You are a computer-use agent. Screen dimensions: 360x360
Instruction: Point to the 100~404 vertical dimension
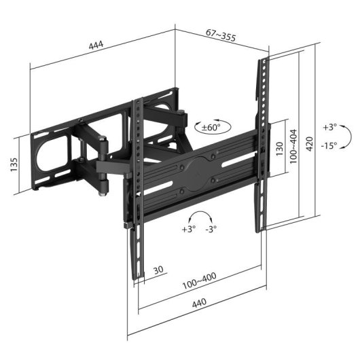click(293, 145)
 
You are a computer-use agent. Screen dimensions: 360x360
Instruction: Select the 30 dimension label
click(158, 270)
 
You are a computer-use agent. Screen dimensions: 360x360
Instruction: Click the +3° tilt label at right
click(329, 127)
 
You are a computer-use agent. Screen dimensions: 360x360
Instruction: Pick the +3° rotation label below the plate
click(188, 229)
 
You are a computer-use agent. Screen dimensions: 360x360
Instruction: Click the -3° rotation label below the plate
click(211, 229)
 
